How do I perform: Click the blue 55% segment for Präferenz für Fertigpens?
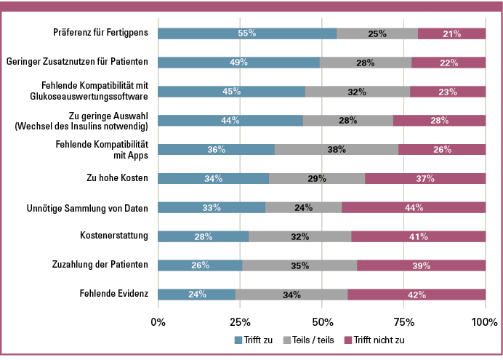(247, 33)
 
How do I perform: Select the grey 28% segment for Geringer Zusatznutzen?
(366, 63)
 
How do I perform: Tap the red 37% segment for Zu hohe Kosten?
(425, 178)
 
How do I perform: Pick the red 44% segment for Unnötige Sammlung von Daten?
(414, 207)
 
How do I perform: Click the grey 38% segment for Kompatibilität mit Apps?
(337, 149)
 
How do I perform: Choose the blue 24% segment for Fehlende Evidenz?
(196, 295)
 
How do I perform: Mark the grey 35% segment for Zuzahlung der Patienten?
(299, 265)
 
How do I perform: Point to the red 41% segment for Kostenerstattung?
(419, 236)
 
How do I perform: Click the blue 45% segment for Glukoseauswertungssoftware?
(231, 92)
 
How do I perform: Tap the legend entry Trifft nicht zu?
(378, 340)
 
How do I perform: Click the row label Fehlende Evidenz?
(114, 295)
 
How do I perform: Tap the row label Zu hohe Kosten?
(118, 178)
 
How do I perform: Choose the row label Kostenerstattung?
(114, 236)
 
